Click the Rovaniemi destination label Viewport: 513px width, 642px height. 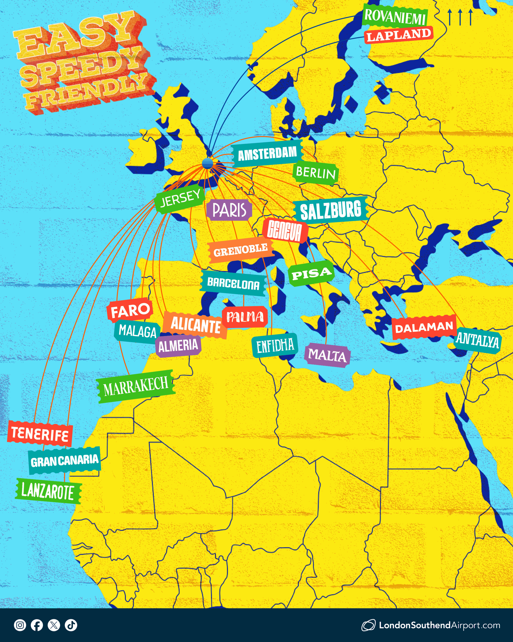click(x=395, y=16)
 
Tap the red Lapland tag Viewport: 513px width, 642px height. click(x=399, y=35)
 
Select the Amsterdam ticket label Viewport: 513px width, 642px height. click(x=267, y=154)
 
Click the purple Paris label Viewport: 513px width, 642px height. click(x=229, y=210)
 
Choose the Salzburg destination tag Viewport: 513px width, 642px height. click(x=331, y=210)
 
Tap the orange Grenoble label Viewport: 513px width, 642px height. click(x=240, y=250)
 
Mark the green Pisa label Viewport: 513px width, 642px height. click(x=311, y=273)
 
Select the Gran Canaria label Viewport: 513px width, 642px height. click(x=65, y=460)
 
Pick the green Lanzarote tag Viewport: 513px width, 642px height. click(x=48, y=491)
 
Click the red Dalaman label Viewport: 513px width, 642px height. click(x=424, y=327)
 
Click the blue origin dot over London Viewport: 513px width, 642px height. click(x=208, y=163)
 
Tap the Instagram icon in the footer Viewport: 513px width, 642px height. click(x=20, y=625)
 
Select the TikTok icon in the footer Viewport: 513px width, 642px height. click(x=71, y=625)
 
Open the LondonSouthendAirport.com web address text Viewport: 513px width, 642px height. click(x=439, y=625)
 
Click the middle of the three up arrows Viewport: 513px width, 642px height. click(x=460, y=17)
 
